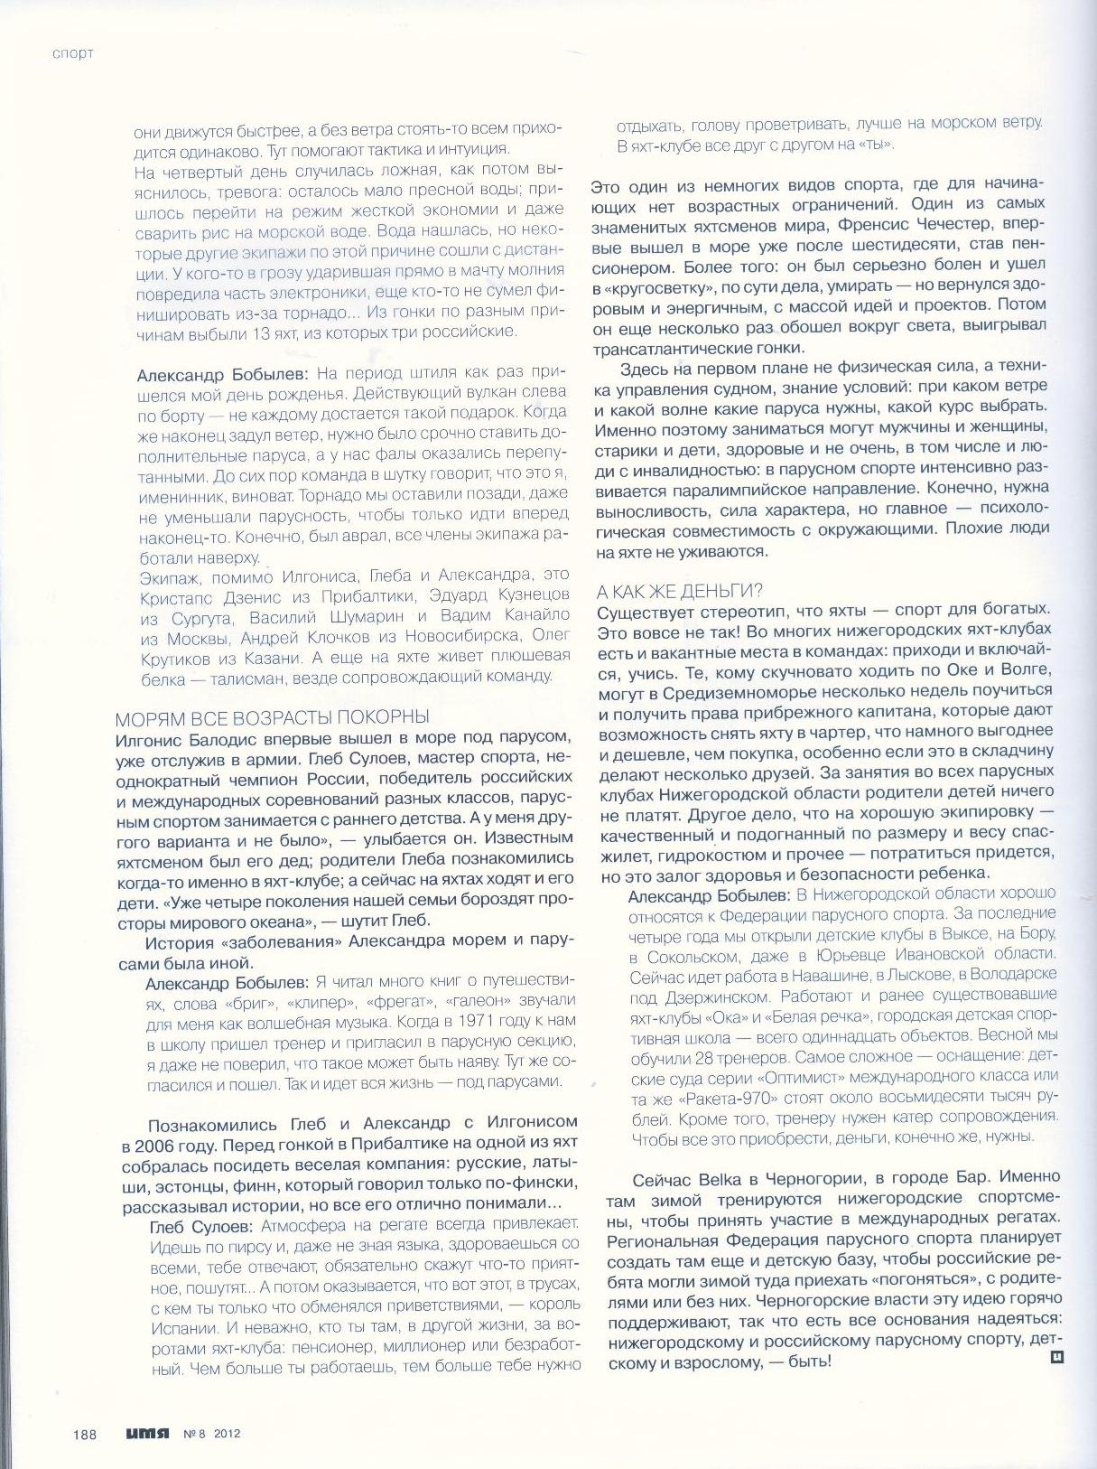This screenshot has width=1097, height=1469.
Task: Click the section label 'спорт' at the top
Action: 73,53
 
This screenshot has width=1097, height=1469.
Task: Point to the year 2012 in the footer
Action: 228,1433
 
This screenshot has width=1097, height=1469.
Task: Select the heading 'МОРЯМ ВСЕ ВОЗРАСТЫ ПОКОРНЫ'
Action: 272,718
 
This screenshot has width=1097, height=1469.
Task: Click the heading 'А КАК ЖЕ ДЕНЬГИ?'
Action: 680,591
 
